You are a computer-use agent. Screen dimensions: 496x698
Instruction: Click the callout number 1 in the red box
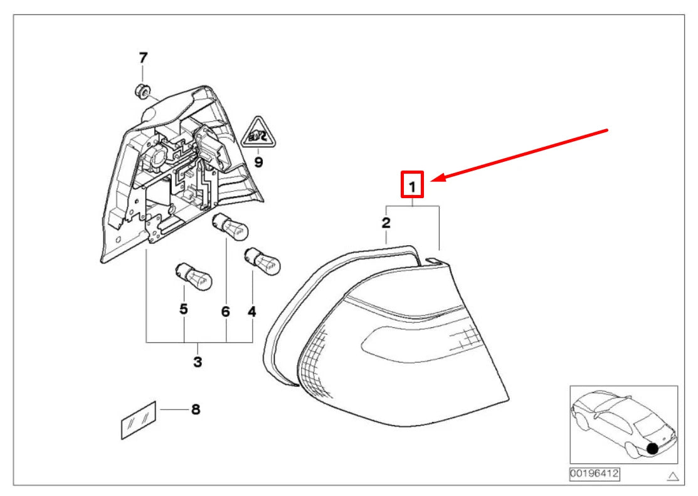[x=413, y=186]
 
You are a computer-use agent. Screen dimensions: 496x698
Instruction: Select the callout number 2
[x=386, y=222]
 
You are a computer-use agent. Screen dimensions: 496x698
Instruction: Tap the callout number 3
[x=198, y=362]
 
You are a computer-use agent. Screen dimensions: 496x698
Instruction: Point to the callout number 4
[x=252, y=311]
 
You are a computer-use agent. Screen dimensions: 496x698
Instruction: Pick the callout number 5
[x=184, y=309]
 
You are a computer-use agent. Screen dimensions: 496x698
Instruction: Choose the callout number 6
[x=225, y=311]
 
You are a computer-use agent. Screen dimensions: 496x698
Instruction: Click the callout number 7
[x=143, y=58]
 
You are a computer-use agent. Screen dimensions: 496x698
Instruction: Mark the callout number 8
[x=195, y=410]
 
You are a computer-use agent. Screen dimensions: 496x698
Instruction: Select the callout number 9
[x=258, y=162]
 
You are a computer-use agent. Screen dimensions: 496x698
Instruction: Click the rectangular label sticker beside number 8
[x=139, y=418]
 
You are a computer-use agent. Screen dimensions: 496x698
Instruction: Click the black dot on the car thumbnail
[x=653, y=448]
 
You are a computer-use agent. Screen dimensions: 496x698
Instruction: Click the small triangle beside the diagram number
[x=673, y=477]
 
